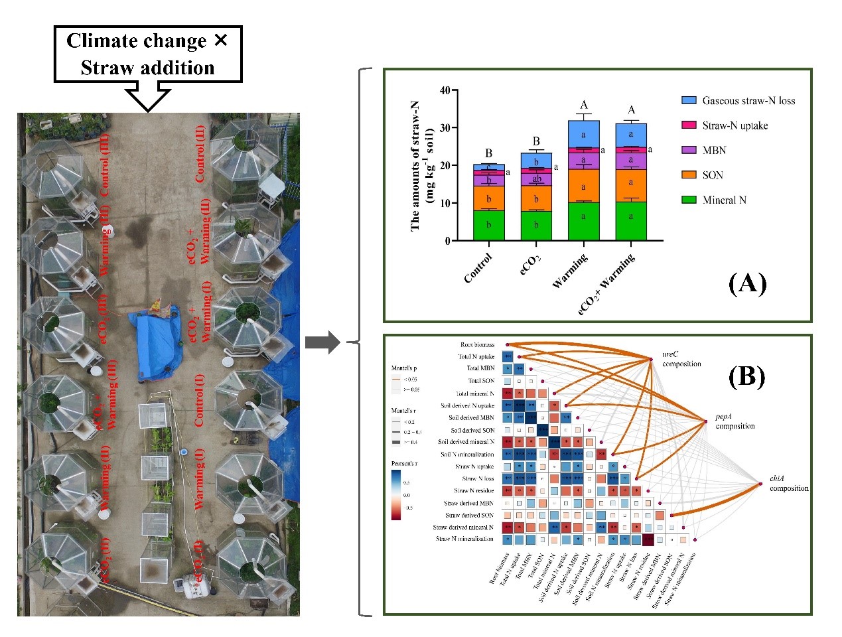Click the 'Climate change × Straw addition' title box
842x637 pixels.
click(147, 54)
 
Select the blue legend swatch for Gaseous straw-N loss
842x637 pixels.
click(689, 100)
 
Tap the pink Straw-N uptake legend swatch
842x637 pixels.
click(689, 125)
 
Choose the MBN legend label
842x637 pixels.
click(714, 151)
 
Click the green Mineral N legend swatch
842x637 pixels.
click(689, 200)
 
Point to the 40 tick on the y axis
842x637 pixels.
click(445, 90)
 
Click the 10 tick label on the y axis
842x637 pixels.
click(445, 203)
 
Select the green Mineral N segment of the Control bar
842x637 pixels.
click(489, 226)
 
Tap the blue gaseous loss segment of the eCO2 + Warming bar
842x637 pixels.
click(631, 135)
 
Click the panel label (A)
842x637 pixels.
click(747, 284)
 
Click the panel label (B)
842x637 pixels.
click(746, 376)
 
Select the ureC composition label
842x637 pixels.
click(681, 359)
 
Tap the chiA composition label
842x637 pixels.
click(788, 483)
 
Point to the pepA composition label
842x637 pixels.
click(735, 421)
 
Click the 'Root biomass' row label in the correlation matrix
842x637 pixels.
click(477, 345)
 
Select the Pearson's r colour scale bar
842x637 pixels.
click(396, 494)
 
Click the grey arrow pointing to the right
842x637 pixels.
click(322, 342)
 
